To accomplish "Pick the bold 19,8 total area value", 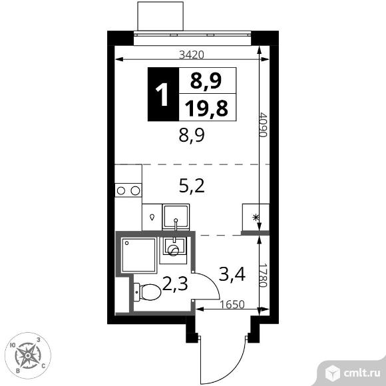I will click(x=207, y=107).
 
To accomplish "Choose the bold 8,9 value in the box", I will click(x=206, y=81).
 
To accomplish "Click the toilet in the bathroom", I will click(x=147, y=291).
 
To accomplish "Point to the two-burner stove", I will click(x=128, y=191).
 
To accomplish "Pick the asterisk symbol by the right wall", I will click(x=254, y=217).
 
